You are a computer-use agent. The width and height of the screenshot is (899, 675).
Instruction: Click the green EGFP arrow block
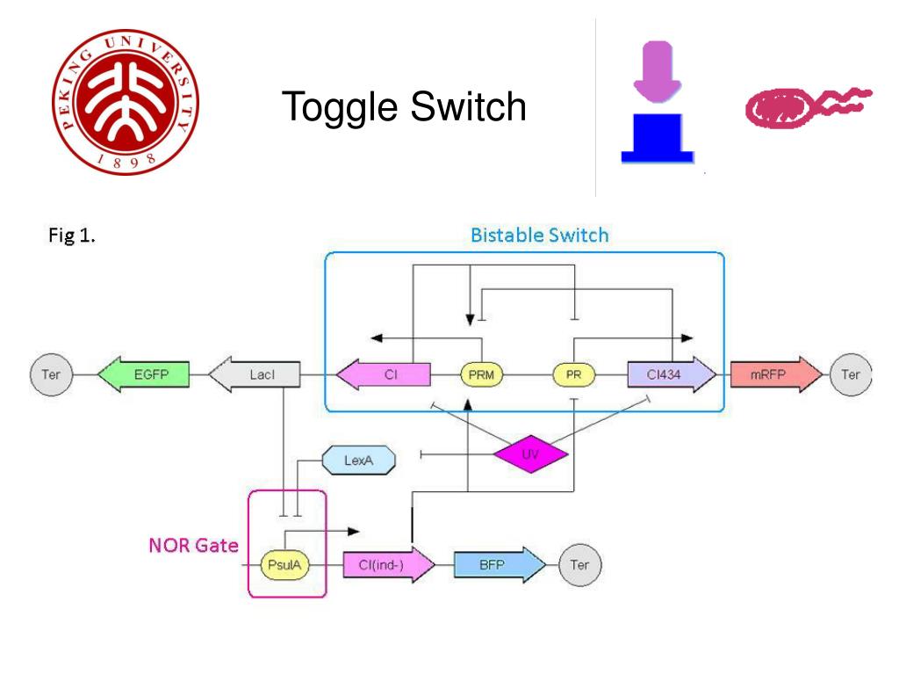point(144,375)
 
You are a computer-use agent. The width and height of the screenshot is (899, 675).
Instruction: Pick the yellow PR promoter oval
point(572,375)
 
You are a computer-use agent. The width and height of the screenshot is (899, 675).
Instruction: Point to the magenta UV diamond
point(530,454)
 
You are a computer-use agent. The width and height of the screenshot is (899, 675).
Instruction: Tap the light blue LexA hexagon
point(359,459)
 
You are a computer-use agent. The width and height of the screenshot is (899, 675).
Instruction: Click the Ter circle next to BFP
point(579,564)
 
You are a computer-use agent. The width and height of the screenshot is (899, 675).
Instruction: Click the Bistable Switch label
point(539,235)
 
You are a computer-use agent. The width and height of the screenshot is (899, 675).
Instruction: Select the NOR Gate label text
point(192,545)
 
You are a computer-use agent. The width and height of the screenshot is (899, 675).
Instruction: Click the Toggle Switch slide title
point(404,107)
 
